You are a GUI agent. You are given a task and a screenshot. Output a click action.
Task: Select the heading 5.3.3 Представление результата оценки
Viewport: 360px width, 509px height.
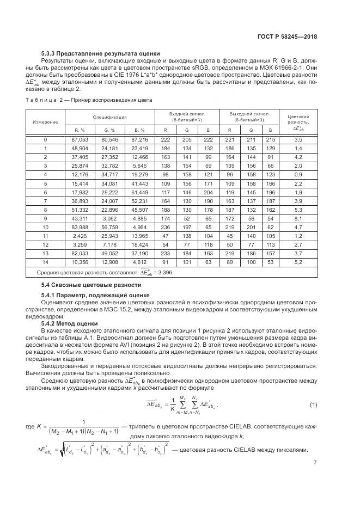pyautogui.click(x=101, y=53)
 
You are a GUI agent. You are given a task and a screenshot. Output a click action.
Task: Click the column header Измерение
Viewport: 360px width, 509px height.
pyautogui.click(x=45, y=121)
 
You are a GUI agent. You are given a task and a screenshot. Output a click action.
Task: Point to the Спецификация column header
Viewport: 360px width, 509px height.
pyautogui.click(x=109, y=116)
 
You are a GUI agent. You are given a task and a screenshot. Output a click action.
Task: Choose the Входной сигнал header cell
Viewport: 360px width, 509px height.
pyautogui.click(x=187, y=116)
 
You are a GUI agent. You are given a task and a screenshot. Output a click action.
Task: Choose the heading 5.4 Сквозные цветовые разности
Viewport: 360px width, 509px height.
pyautogui.click(x=91, y=285)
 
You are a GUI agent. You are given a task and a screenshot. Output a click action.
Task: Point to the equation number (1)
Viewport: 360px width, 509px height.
pyautogui.click(x=313, y=404)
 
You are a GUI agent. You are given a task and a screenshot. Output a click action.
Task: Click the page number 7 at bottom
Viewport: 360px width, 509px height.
pyautogui.click(x=315, y=463)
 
